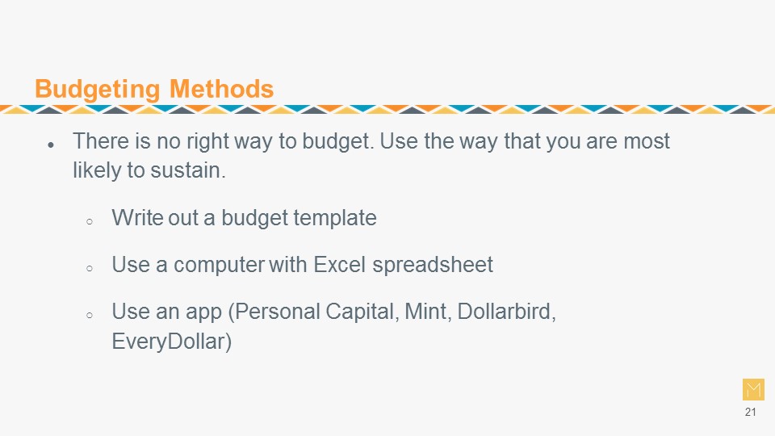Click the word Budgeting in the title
pyautogui.click(x=98, y=90)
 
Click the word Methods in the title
pyautogui.click(x=221, y=89)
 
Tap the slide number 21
pyautogui.click(x=750, y=412)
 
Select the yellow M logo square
pyautogui.click(x=753, y=389)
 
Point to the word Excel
pyautogui.click(x=340, y=265)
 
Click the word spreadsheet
pyautogui.click(x=433, y=266)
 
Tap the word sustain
pyautogui.click(x=188, y=170)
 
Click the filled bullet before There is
pyautogui.click(x=51, y=145)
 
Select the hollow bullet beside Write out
pyautogui.click(x=90, y=221)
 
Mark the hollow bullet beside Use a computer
pyautogui.click(x=90, y=268)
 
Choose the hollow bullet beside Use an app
pyautogui.click(x=90, y=315)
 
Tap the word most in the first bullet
pyautogui.click(x=647, y=141)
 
